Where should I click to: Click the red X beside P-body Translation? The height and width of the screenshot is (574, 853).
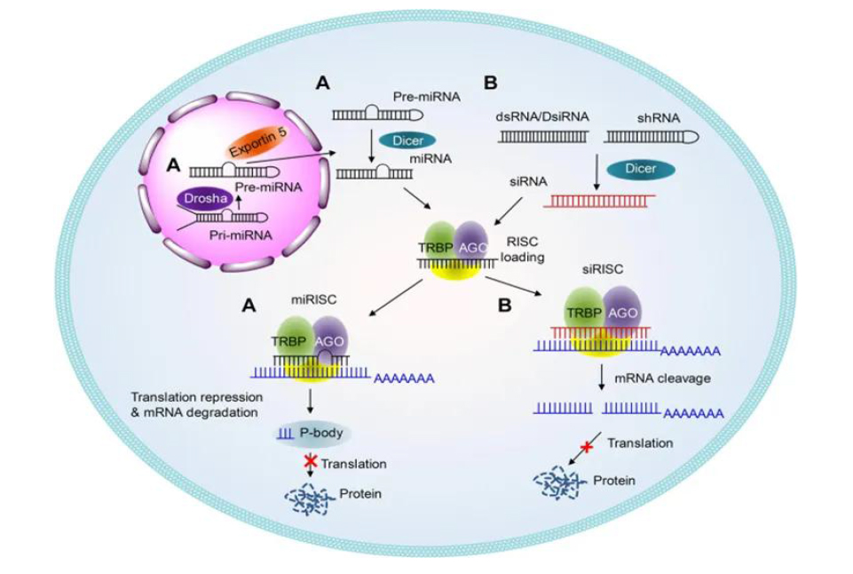tap(309, 460)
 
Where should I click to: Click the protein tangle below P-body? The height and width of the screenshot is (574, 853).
tap(308, 498)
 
